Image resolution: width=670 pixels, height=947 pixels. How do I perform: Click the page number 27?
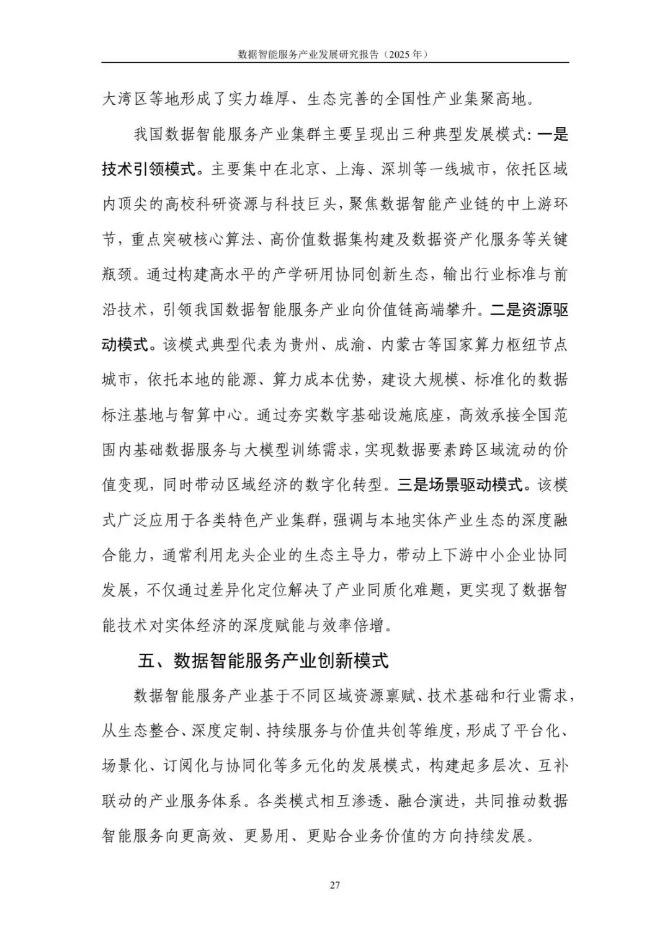(334, 885)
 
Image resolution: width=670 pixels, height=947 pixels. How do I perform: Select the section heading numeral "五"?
(146, 661)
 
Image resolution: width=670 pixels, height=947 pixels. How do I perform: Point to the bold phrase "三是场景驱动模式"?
(460, 484)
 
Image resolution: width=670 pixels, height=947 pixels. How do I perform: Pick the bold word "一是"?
(552, 134)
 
